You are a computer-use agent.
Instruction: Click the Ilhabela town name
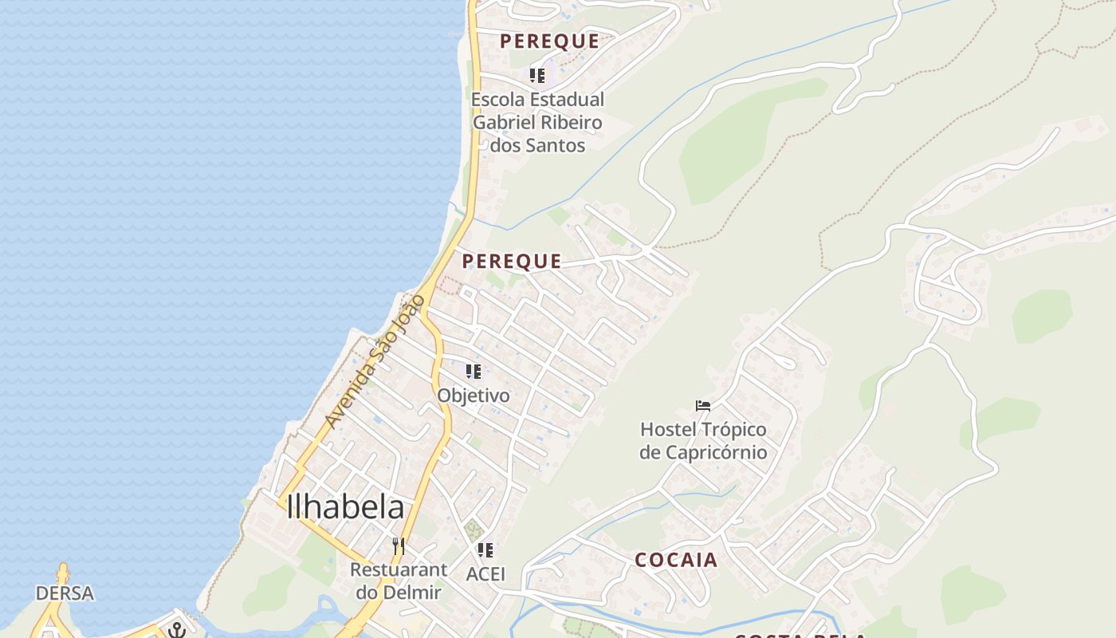point(345,507)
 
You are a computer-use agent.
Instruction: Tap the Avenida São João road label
point(375,360)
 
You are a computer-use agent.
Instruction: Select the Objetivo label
point(473,395)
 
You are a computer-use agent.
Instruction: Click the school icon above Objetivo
point(474,372)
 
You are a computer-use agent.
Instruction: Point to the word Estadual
point(565,100)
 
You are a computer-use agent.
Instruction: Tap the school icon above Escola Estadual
point(537,76)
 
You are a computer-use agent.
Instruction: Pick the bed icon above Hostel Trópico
point(703,406)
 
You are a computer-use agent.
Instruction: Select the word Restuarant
point(399,569)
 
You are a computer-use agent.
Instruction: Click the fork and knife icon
point(399,546)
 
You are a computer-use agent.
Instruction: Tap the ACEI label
point(485,573)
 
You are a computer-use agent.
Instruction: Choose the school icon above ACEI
point(485,550)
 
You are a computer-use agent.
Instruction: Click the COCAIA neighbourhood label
point(676,560)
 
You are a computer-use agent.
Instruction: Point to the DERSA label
point(65,593)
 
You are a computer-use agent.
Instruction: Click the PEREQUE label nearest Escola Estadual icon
point(549,41)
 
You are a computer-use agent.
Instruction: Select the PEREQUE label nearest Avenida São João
point(512,261)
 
